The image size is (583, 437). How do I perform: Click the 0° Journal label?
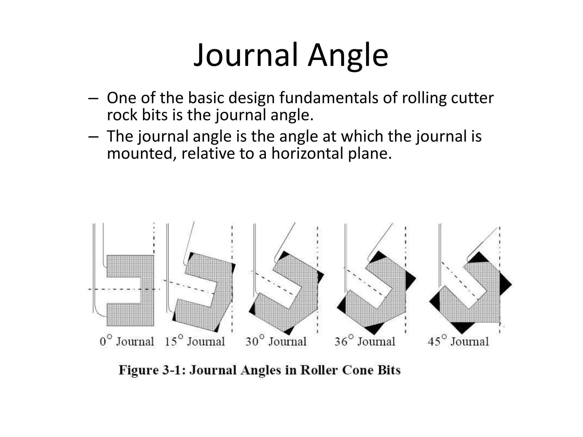click(x=127, y=341)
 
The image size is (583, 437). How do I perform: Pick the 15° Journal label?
click(x=195, y=341)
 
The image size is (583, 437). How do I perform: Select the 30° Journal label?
click(x=276, y=341)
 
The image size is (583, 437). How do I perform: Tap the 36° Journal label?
click(x=365, y=341)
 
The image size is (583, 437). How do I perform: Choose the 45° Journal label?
click(x=458, y=341)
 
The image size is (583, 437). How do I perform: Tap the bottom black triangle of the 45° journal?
click(x=463, y=327)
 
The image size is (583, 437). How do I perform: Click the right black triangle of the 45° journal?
click(x=505, y=284)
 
